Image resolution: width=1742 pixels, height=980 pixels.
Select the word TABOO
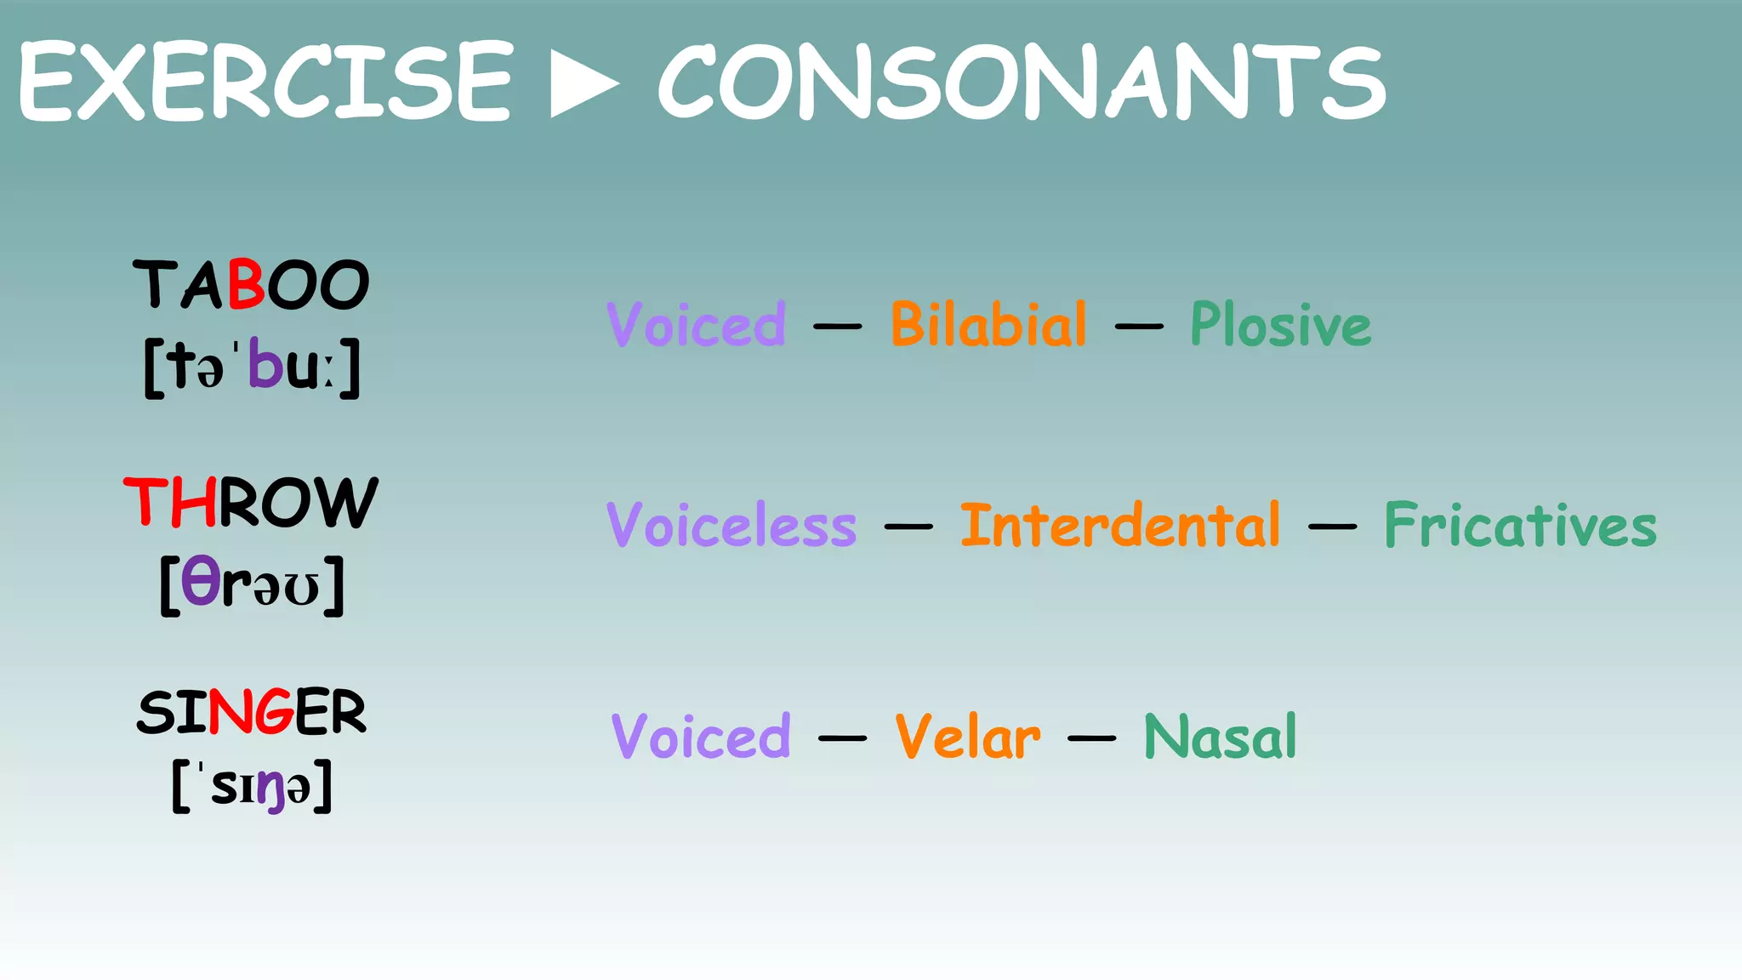click(x=251, y=285)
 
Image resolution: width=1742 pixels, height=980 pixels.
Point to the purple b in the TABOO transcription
click(x=265, y=365)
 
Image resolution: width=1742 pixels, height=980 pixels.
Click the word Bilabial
click(x=988, y=325)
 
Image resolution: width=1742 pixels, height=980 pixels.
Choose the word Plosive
click(x=1280, y=325)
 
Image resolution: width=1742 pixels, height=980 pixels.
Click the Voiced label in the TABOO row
click(x=696, y=325)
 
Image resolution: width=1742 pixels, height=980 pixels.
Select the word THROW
click(x=251, y=502)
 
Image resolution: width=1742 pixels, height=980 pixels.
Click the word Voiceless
click(x=732, y=525)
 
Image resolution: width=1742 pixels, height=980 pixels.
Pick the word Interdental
click(x=1120, y=525)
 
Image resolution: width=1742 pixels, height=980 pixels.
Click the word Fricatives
click(x=1520, y=525)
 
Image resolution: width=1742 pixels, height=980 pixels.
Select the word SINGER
click(x=251, y=712)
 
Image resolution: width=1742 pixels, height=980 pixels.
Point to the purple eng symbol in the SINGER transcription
click(x=270, y=789)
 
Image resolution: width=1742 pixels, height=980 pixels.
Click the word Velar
click(x=967, y=737)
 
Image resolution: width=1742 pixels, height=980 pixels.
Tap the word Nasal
click(x=1220, y=737)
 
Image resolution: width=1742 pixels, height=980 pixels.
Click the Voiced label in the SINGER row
click(x=701, y=737)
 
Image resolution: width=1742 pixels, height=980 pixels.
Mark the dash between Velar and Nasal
click(x=1091, y=738)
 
